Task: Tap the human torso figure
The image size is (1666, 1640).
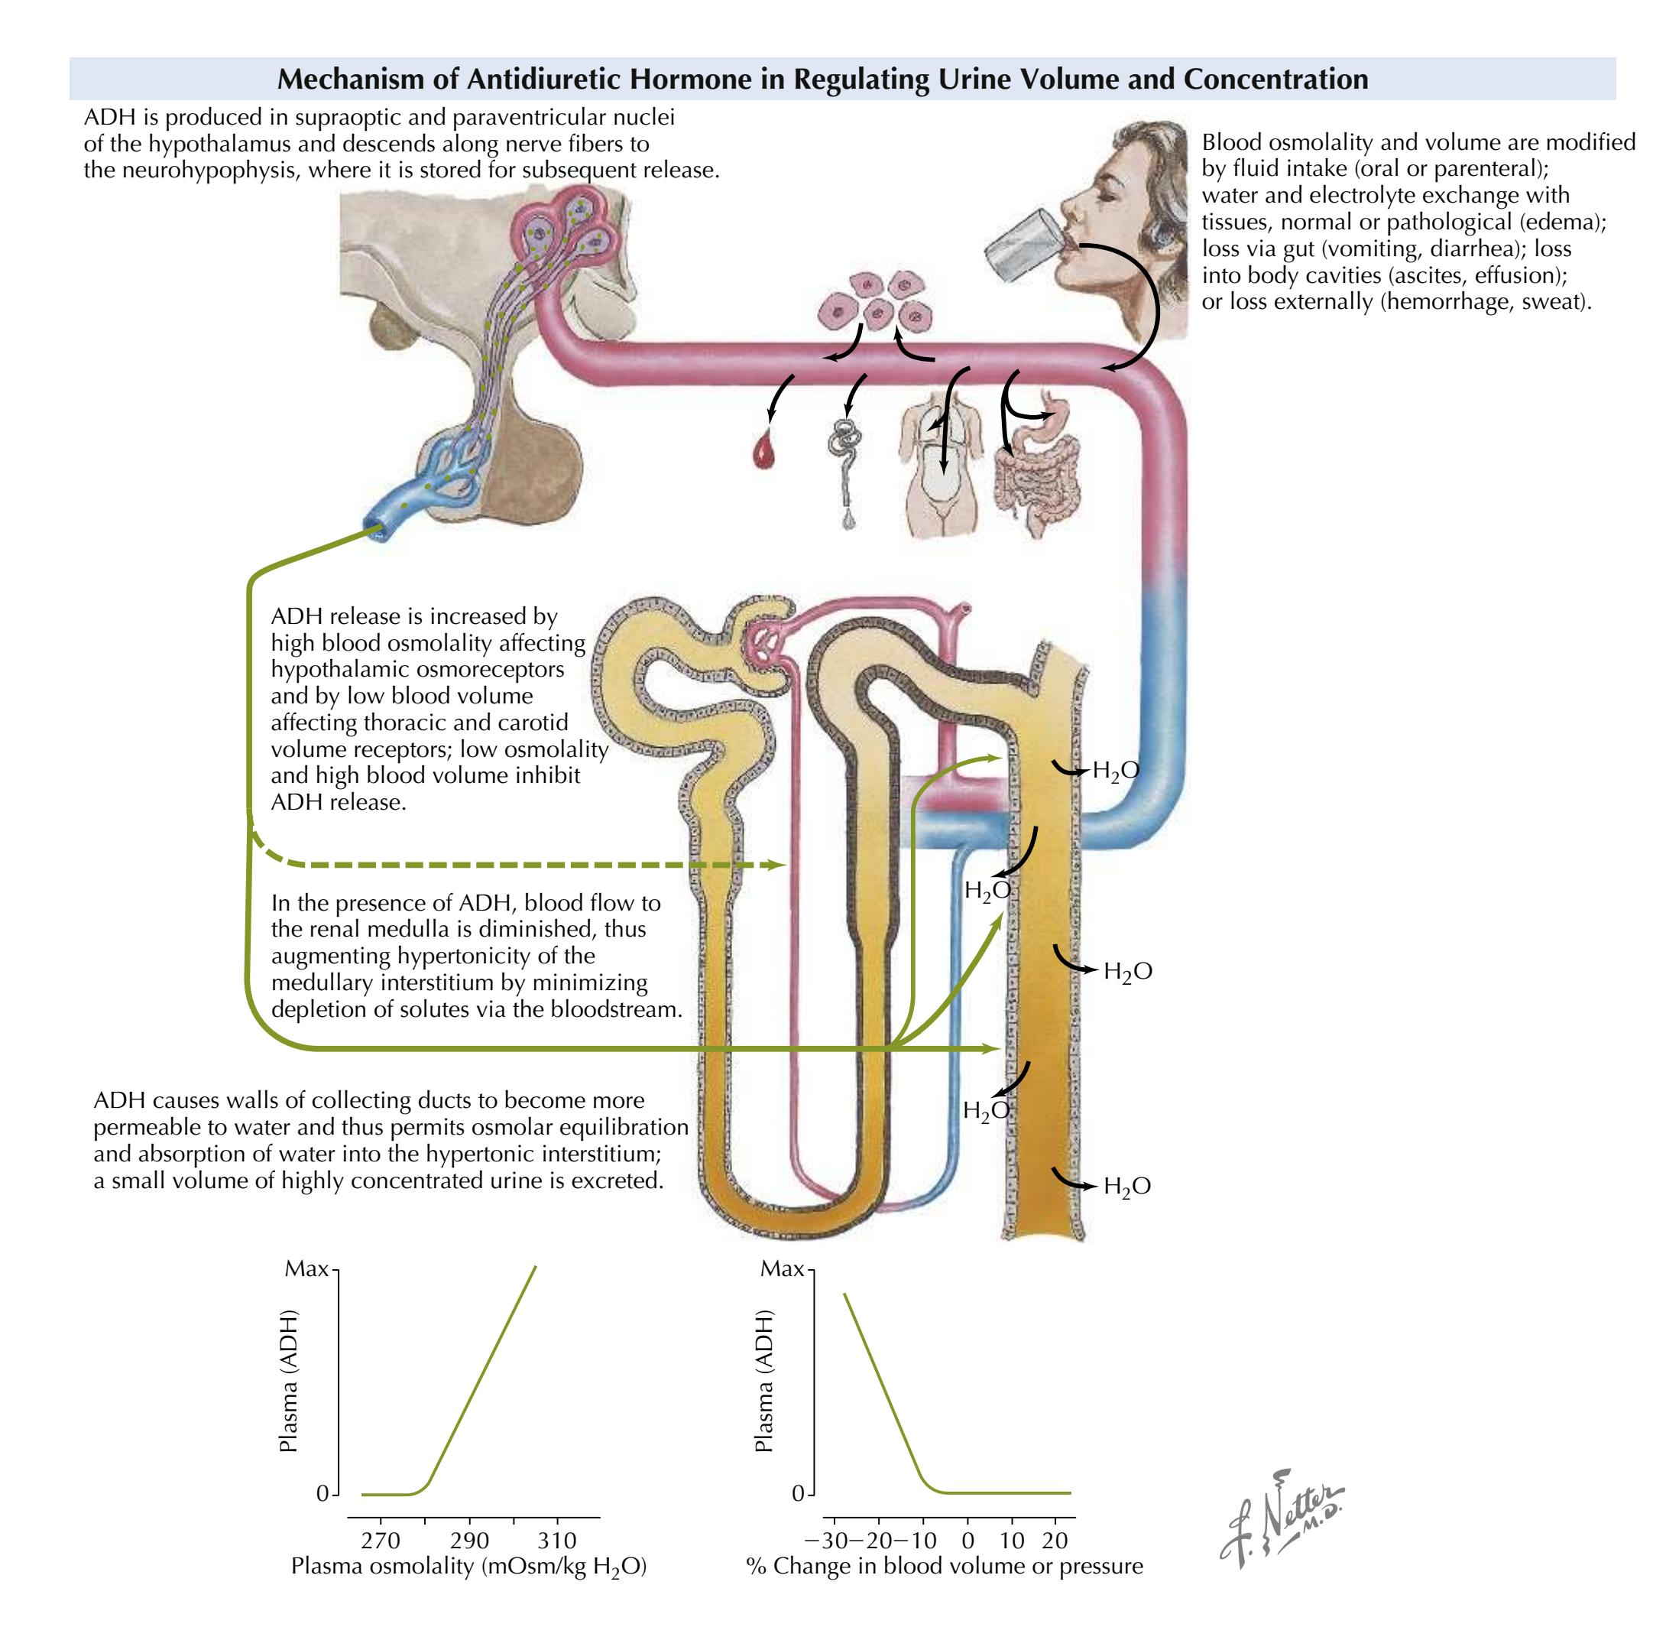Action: coord(940,465)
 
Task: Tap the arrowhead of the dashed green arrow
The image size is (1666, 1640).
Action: coord(782,864)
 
